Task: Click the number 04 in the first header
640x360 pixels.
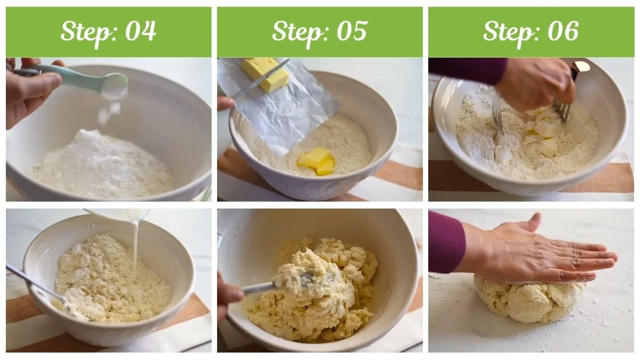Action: [140, 31]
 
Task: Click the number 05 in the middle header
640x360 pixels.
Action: [351, 31]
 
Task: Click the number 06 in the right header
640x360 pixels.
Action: [563, 31]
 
